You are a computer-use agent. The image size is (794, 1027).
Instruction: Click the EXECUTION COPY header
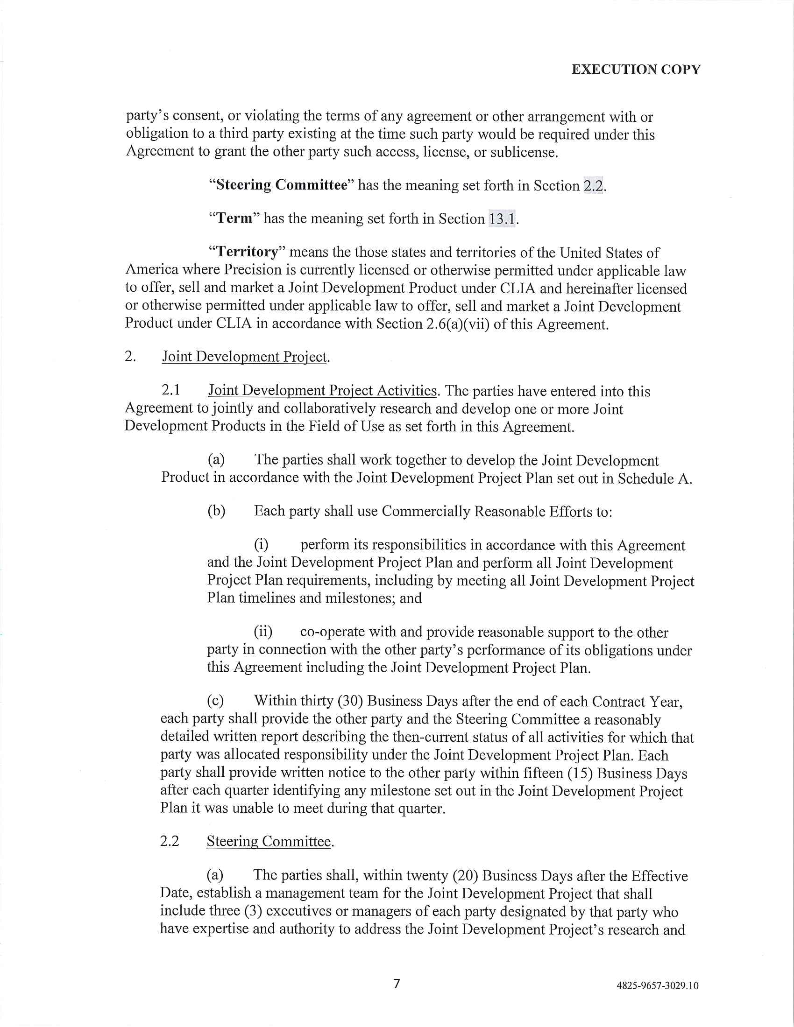[x=636, y=70]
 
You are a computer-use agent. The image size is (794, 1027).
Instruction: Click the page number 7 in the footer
[x=397, y=983]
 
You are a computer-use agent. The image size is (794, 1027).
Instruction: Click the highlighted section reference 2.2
[x=593, y=186]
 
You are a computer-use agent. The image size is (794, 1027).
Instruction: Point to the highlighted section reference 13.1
[x=503, y=218]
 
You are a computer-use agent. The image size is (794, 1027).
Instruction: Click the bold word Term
[x=234, y=218]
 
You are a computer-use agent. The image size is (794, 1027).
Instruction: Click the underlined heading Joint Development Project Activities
[x=323, y=391]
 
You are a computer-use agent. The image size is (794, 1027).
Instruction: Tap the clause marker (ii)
[x=263, y=632]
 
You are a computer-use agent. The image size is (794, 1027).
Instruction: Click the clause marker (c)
[x=215, y=701]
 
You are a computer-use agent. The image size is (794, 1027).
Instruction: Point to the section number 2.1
[x=171, y=390]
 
